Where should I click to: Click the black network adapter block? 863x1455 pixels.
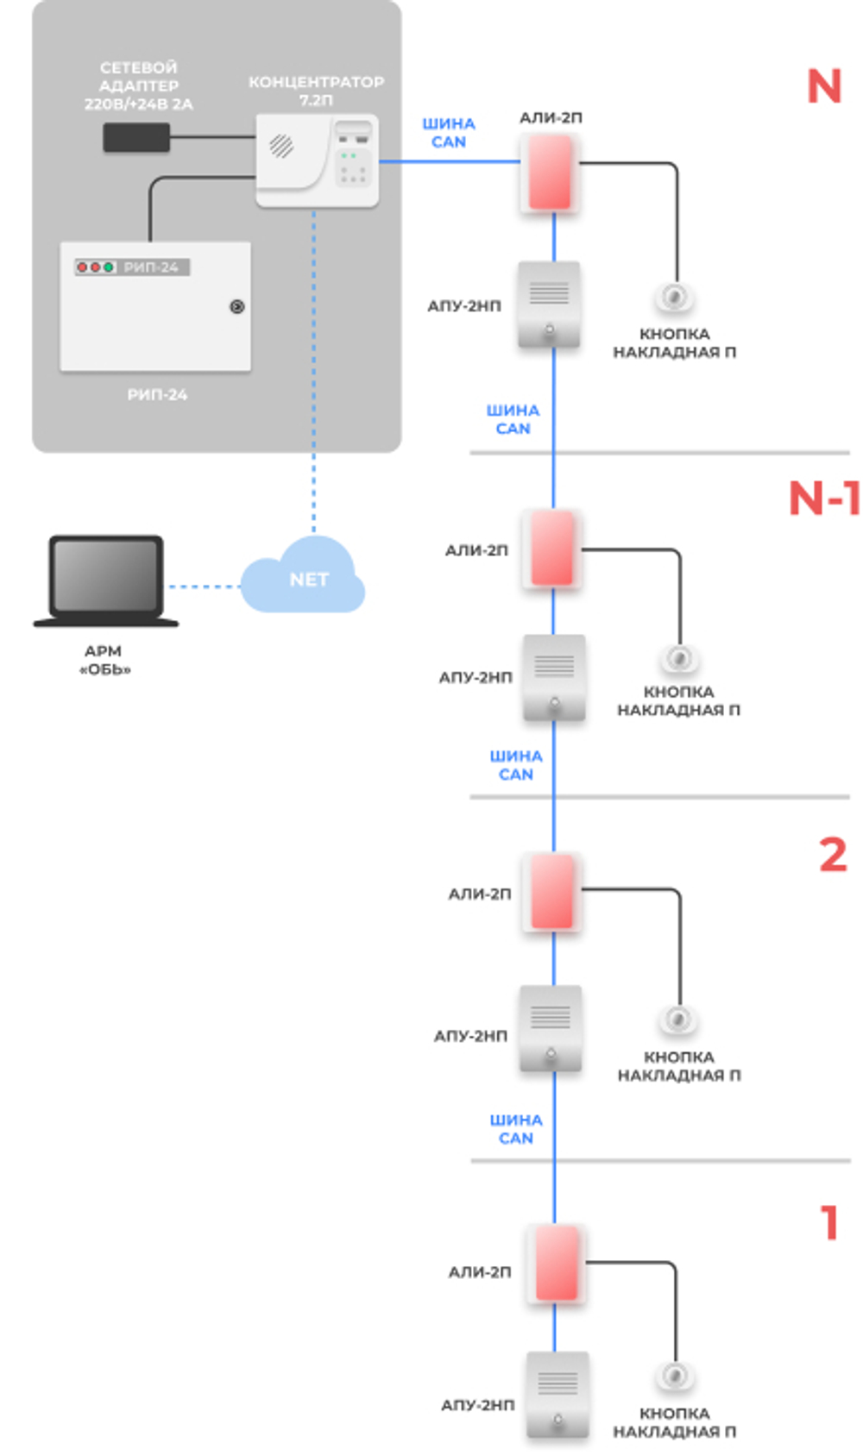[136, 137]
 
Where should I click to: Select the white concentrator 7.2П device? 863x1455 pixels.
[317, 160]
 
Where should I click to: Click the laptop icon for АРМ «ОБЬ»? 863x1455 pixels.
[106, 580]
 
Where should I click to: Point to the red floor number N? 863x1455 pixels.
[823, 86]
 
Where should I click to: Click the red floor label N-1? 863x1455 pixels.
[824, 499]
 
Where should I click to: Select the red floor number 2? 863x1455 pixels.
[832, 855]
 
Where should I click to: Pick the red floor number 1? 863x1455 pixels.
[829, 1222]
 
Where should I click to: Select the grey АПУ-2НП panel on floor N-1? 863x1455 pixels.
[554, 677]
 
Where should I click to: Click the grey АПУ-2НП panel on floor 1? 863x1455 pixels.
[557, 1394]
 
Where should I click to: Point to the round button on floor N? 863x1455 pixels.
[673, 297]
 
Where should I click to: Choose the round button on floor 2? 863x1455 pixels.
[678, 1019]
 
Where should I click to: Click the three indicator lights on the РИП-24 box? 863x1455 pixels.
[95, 267]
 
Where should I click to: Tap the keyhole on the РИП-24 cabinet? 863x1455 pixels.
[236, 306]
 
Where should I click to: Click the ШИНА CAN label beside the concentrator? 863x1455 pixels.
[449, 133]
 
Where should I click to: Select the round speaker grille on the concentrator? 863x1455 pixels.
[281, 146]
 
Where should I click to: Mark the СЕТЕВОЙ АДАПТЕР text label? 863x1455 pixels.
[138, 85]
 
